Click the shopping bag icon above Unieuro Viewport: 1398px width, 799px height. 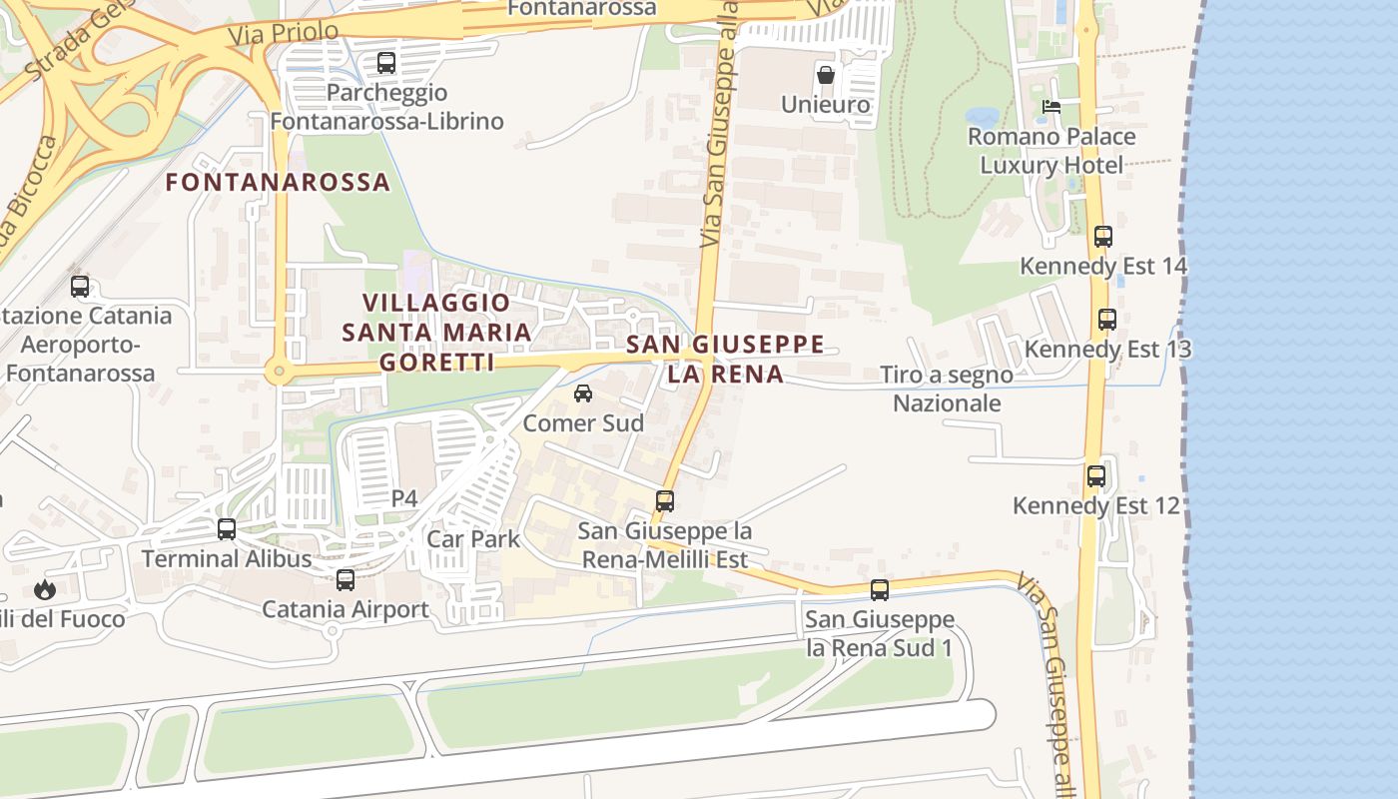(x=826, y=74)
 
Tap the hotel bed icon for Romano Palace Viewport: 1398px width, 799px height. (x=1050, y=106)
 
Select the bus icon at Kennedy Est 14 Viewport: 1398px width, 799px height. (x=1103, y=237)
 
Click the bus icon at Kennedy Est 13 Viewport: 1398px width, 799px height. (x=1106, y=320)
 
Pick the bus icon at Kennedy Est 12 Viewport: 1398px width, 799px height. (x=1096, y=476)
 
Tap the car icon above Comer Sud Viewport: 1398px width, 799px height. (x=583, y=394)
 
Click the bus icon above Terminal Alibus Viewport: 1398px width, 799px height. (x=227, y=529)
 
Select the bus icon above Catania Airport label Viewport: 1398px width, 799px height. (x=346, y=579)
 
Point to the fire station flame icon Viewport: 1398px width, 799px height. (x=45, y=589)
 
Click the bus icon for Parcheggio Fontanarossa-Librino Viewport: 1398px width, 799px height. (x=386, y=63)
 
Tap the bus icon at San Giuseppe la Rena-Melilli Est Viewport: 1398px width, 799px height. (x=665, y=501)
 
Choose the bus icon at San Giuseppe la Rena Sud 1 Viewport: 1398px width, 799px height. (x=879, y=590)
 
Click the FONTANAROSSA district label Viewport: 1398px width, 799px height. (x=278, y=183)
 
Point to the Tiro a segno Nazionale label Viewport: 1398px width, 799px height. (x=946, y=389)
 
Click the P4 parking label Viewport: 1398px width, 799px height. (x=404, y=498)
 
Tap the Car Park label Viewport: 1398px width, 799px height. (x=473, y=539)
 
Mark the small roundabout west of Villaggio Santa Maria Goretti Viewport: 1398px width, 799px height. (x=279, y=374)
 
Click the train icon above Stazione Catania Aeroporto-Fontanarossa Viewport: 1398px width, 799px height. (x=80, y=287)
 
